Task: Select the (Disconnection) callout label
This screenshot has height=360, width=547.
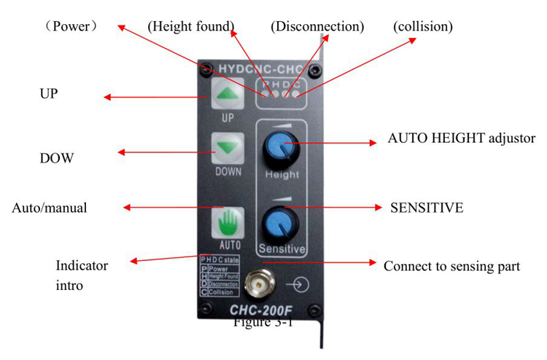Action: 317,26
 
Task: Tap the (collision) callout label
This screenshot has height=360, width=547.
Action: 423,26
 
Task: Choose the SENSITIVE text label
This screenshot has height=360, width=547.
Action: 427,208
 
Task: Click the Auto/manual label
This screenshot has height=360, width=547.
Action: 50,208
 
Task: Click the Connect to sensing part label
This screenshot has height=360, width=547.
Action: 451,266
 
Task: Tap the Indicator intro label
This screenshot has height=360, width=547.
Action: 82,275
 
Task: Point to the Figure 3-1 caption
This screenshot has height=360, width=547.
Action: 263,323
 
